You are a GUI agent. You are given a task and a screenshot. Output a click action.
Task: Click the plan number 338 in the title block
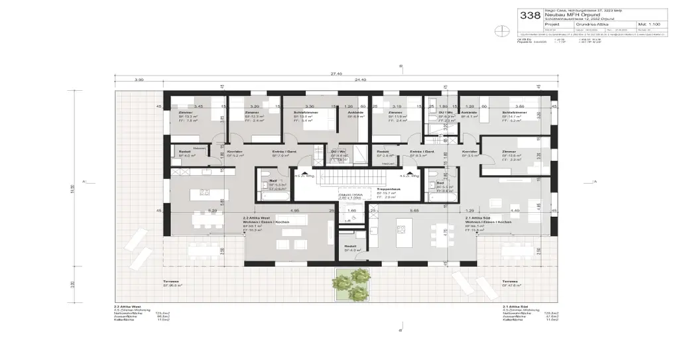click(x=530, y=15)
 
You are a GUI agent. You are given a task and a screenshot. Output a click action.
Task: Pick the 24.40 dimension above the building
click(x=361, y=80)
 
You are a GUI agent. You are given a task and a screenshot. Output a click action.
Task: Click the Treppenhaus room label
click(x=387, y=189)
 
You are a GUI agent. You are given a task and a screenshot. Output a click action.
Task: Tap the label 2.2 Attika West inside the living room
click(x=256, y=217)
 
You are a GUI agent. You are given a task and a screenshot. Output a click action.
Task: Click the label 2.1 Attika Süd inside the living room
click(x=477, y=217)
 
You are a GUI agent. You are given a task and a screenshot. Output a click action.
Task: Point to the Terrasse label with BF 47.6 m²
click(x=510, y=282)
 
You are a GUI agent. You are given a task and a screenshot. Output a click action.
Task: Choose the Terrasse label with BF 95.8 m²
click(x=171, y=282)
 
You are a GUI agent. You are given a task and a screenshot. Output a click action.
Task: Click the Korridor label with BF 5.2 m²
click(x=235, y=152)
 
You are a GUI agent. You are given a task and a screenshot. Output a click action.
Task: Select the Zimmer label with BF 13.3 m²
click(x=186, y=113)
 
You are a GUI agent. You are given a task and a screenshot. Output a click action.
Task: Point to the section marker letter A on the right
click(x=595, y=180)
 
